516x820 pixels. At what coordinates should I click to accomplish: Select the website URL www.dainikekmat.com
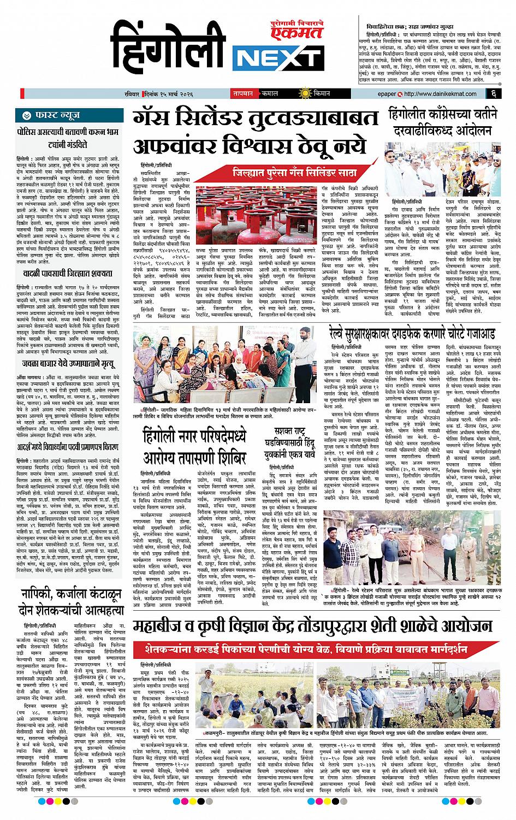click(431, 93)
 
